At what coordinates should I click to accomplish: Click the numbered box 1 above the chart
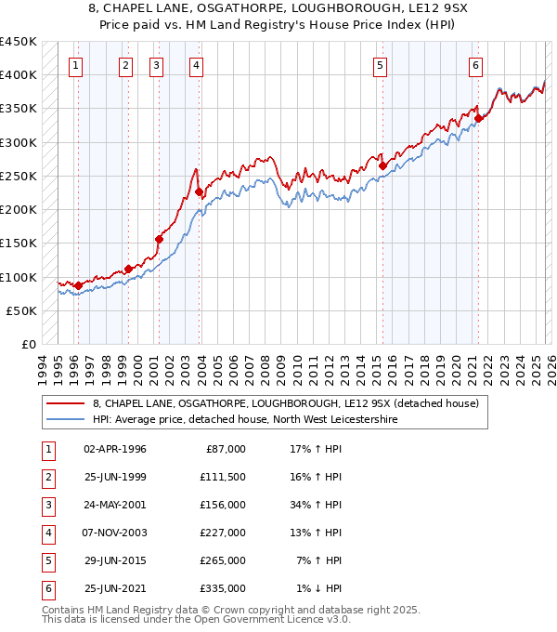click(74, 65)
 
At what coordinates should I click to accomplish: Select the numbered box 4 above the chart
click(198, 65)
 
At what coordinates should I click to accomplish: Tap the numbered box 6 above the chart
click(475, 65)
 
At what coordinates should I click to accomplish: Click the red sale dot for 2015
click(382, 165)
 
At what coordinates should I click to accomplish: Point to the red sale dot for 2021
click(478, 118)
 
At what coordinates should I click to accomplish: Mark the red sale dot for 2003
click(199, 191)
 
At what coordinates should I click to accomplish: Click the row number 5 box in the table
click(46, 560)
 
